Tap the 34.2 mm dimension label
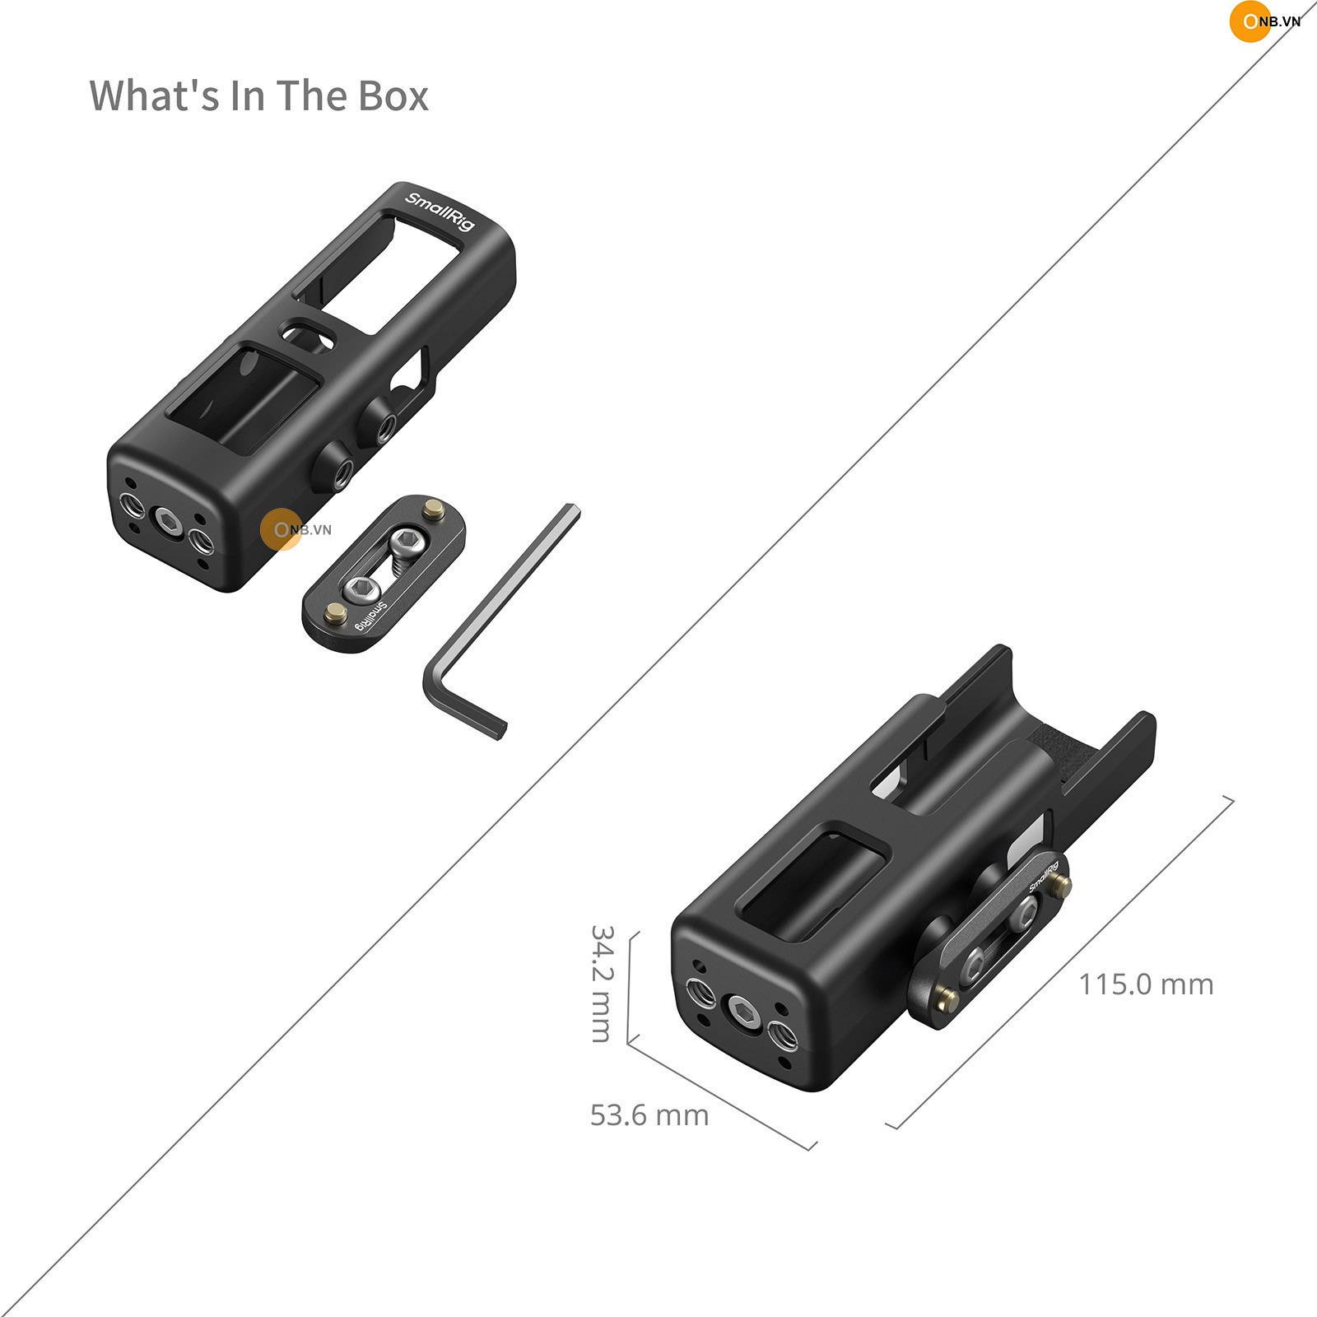[603, 984]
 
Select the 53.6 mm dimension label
[649, 1115]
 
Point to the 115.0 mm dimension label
[1146, 984]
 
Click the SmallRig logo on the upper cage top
[440, 211]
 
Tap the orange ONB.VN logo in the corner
[1264, 22]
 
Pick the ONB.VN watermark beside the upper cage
[296, 529]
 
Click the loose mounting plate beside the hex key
[384, 573]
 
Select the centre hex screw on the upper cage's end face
[168, 522]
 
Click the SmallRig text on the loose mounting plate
[370, 617]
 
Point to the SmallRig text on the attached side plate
[1043, 877]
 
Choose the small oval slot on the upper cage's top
[309, 334]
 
